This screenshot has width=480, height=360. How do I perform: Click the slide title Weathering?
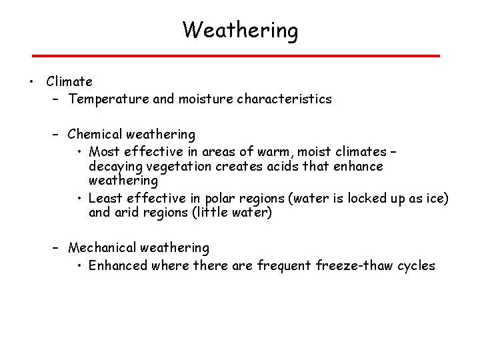point(240,30)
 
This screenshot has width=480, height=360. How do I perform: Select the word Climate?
point(69,82)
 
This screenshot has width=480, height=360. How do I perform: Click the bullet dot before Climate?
point(31,82)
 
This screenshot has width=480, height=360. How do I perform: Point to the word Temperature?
point(107,99)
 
